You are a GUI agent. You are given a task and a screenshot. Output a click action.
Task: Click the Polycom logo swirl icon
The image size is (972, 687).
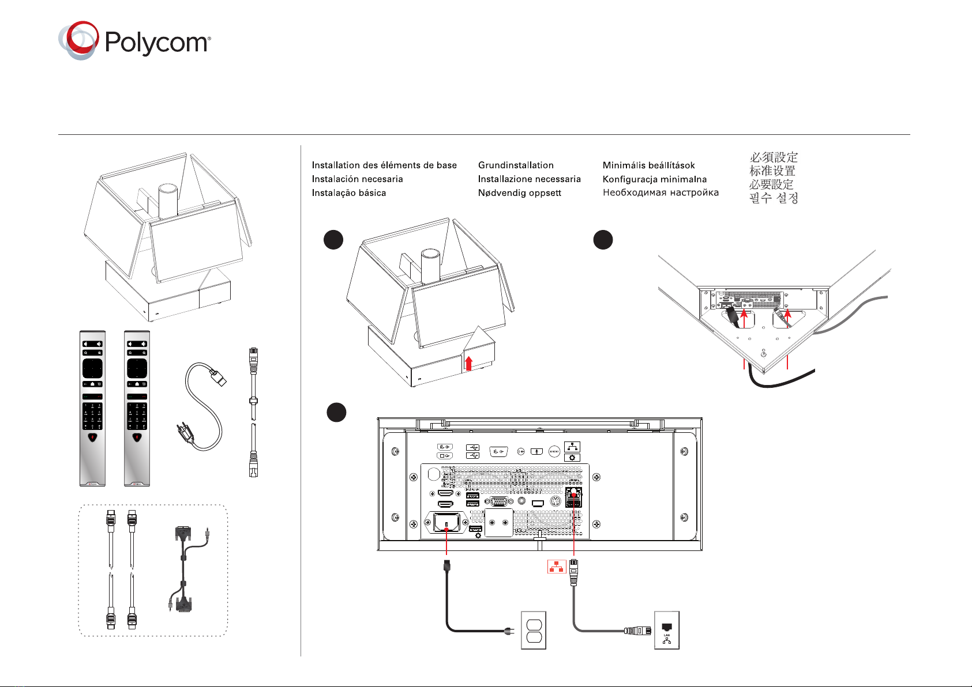coord(78,40)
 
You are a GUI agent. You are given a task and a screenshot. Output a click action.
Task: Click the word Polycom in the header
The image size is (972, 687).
coord(157,43)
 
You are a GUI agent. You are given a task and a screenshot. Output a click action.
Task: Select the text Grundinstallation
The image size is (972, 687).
coord(516,165)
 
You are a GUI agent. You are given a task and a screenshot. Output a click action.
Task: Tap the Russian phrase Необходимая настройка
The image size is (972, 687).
coord(660,192)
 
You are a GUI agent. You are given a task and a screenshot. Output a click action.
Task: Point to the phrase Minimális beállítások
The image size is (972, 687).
coord(648,165)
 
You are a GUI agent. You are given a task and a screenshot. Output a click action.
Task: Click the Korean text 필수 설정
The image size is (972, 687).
coord(774,198)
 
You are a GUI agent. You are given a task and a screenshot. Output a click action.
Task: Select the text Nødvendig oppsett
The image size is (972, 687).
coord(519,193)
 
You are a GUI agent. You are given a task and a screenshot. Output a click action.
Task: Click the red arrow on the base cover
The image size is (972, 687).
coord(468,363)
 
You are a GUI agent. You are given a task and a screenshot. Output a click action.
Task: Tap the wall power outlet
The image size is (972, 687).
coord(534,630)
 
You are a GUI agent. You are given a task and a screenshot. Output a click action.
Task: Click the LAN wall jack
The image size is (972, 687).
coord(667,630)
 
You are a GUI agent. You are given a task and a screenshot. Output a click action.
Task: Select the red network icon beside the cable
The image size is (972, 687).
coord(556,567)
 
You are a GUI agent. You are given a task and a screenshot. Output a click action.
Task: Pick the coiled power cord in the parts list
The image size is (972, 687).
coord(204,406)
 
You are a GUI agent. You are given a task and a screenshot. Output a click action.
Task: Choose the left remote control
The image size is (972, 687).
coord(92,408)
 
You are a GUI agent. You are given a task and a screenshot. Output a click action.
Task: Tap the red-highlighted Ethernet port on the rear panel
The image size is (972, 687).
coord(574,493)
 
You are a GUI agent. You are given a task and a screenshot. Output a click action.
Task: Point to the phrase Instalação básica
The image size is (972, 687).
coord(348,193)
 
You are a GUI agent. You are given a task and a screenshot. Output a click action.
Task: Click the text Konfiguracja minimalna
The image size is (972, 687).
coord(654,179)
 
